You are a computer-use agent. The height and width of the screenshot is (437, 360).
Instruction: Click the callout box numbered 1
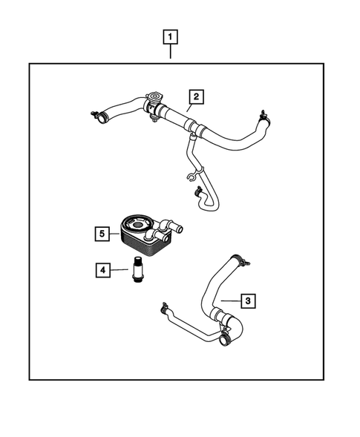tap(171, 36)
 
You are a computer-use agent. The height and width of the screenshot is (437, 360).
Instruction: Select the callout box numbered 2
tap(195, 96)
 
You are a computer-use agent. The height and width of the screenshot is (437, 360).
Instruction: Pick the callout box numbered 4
tap(102, 269)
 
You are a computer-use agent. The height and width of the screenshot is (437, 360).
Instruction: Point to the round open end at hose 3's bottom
tap(223, 340)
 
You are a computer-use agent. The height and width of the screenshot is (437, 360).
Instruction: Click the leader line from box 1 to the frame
tap(171, 53)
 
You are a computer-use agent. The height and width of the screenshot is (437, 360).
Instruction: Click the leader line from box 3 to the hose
tap(230, 300)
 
